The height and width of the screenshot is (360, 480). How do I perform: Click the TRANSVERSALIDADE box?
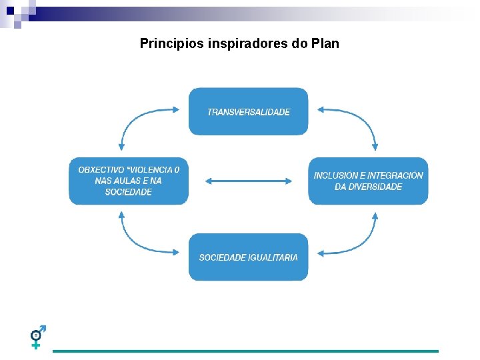(x=249, y=111)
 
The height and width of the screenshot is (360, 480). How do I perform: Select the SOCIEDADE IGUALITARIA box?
(x=249, y=257)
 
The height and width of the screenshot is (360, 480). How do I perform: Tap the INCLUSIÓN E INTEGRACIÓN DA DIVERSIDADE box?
(x=368, y=181)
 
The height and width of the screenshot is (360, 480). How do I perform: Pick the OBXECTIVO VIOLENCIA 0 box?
(x=129, y=181)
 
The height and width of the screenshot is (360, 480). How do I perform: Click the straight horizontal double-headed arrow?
(x=249, y=181)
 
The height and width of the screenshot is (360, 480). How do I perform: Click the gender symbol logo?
(x=38, y=337)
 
